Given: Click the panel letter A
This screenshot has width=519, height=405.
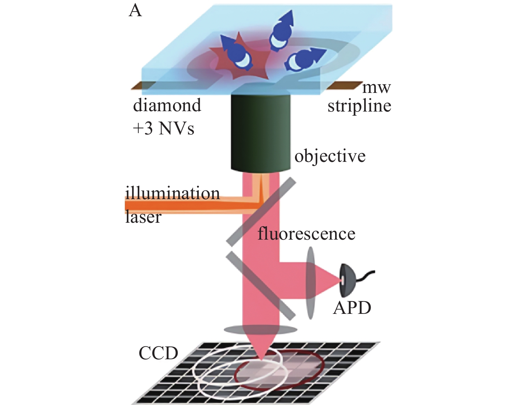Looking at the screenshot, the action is tap(135, 11).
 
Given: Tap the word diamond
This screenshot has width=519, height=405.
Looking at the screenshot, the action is tap(167, 105).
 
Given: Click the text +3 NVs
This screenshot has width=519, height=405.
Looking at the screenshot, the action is tap(164, 128).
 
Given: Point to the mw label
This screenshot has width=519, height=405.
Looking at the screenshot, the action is tap(376, 88).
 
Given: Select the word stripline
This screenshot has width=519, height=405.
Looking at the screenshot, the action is tap(359, 106).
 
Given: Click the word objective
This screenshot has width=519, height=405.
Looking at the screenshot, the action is tap(330, 157).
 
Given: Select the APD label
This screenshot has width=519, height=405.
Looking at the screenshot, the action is tap(352, 308).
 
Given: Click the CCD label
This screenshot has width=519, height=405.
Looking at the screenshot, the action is tap(158, 353).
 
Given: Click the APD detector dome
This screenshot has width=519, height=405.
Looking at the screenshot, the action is tap(348, 280).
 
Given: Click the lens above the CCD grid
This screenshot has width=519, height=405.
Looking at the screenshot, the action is tap(261, 330).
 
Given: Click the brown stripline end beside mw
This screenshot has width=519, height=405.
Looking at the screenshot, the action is tap(344, 86).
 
